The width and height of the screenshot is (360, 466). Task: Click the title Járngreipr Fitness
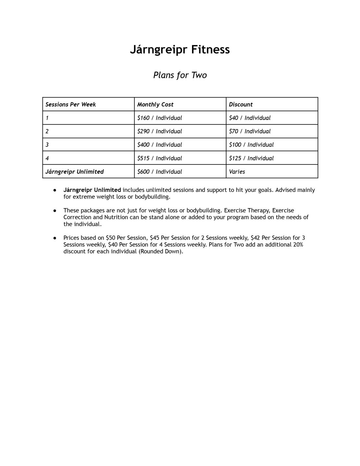(x=180, y=50)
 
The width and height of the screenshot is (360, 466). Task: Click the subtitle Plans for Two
(x=180, y=75)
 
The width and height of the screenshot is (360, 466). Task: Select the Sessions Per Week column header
(x=71, y=104)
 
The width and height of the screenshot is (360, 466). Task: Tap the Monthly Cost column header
(x=155, y=104)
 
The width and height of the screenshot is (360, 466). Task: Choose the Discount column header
(x=241, y=104)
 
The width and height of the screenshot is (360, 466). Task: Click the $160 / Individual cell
(x=159, y=118)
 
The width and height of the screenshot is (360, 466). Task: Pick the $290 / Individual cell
(x=159, y=131)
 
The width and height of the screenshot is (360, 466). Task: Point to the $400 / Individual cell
(x=159, y=145)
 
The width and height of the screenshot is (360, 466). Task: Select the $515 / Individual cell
(x=159, y=158)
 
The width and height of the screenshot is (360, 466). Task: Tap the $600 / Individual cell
(x=159, y=172)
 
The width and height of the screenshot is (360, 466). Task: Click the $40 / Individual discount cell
(x=249, y=118)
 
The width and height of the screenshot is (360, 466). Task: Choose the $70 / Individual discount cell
(x=249, y=131)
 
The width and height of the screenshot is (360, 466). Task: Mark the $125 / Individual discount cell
(x=251, y=158)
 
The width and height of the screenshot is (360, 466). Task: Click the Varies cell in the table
(x=237, y=172)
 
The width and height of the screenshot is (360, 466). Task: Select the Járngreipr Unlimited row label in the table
(x=75, y=172)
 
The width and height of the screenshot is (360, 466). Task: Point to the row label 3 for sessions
(x=47, y=145)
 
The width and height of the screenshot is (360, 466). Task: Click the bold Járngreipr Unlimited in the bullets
(x=92, y=190)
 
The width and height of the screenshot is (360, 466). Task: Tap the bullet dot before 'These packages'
(x=55, y=210)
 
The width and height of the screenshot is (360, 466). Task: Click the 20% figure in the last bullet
(x=298, y=245)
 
